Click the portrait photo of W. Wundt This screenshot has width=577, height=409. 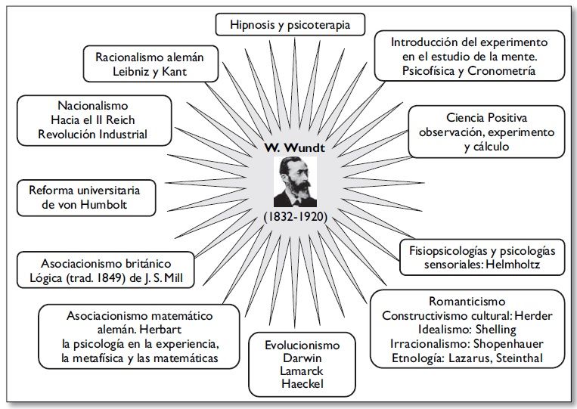coord(295,181)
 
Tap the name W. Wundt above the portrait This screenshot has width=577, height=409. coord(295,147)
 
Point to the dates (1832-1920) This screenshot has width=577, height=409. coord(295,216)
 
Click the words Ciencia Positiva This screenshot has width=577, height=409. coord(486,118)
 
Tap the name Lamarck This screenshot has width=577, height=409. coord(302,370)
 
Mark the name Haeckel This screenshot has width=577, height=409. coord(302,385)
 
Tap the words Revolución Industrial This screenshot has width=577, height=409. coord(93,135)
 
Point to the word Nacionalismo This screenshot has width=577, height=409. coord(93,105)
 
